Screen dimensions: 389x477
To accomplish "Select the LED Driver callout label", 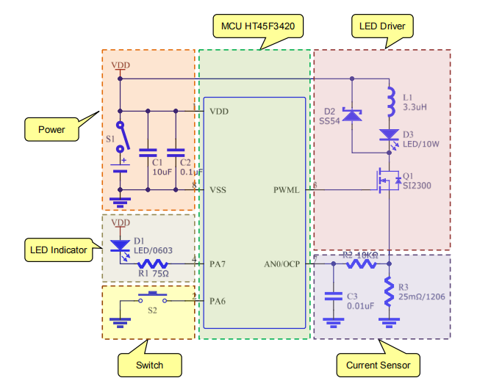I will (x=382, y=26).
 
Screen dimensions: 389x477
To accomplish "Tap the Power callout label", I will (x=51, y=130).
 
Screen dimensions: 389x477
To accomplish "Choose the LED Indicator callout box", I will (x=58, y=250).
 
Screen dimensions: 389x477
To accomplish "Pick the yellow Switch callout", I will (x=149, y=365).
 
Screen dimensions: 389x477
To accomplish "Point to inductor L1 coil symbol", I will (x=390, y=103).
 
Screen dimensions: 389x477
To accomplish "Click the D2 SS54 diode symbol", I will (x=352, y=114).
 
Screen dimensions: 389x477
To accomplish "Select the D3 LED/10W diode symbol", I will (x=389, y=135).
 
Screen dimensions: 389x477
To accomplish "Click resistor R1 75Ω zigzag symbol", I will (x=154, y=263).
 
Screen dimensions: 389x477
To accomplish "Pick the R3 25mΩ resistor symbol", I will (x=389, y=291).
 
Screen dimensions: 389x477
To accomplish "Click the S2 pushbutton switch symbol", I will (x=152, y=298).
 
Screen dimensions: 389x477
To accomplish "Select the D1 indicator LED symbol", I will (x=119, y=246).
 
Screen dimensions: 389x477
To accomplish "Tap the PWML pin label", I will (x=285, y=191).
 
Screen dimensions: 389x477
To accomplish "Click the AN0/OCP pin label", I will (x=282, y=263).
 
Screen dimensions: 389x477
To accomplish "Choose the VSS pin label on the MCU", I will (x=218, y=190).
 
